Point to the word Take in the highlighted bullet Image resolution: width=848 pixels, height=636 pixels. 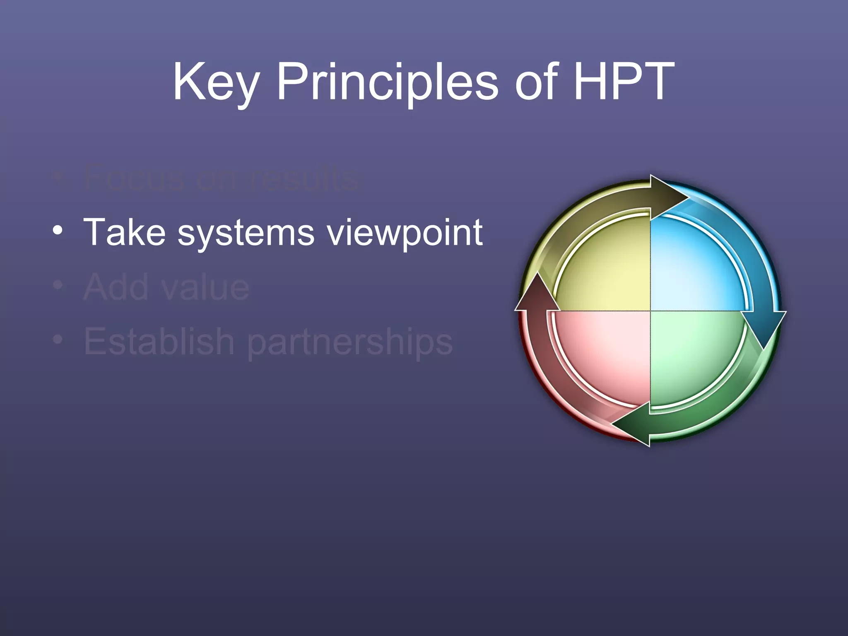pos(124,232)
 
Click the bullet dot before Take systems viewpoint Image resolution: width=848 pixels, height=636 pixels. pos(58,229)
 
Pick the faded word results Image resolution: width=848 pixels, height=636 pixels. pos(304,178)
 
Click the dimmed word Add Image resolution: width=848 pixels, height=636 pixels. pos(116,287)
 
